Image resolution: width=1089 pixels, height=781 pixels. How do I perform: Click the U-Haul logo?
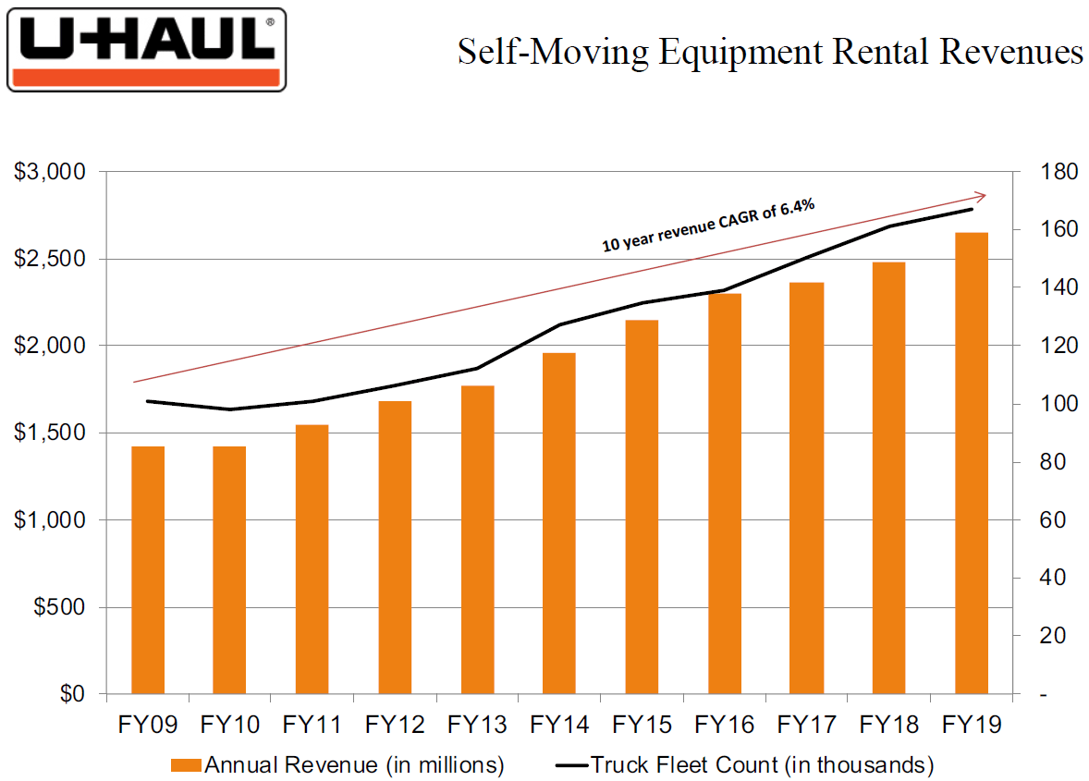point(146,50)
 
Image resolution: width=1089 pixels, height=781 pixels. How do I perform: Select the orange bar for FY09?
point(148,569)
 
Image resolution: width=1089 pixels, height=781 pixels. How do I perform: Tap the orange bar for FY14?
point(558,523)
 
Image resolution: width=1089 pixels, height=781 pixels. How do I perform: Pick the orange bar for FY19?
point(971,462)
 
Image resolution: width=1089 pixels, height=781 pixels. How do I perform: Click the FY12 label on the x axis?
point(395,724)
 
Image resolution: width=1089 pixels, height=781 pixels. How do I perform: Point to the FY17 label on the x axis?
point(807,724)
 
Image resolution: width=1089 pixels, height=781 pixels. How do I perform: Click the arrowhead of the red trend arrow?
point(981,196)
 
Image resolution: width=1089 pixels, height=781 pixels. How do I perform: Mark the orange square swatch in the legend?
point(185,765)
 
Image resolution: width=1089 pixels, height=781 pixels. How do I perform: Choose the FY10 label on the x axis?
point(230,724)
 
